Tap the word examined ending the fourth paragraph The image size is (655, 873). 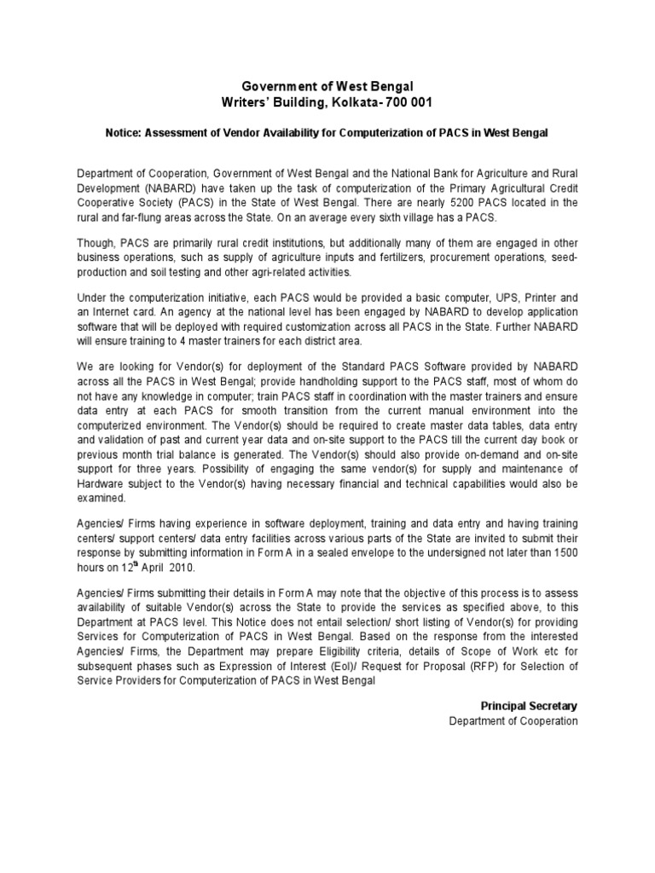point(101,499)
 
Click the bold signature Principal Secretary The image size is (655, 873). point(529,706)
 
